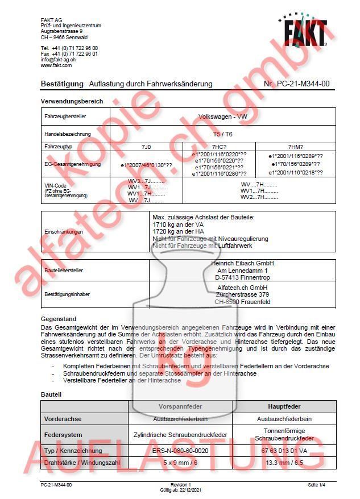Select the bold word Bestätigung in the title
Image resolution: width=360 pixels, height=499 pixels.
pos(62,84)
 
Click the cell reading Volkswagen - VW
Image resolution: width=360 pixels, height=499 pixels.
pos(222,116)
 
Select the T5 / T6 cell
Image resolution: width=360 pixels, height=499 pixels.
pos(222,134)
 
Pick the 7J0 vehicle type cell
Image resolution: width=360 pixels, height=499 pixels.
pos(146,147)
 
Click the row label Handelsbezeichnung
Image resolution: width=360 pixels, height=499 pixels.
pos(67,134)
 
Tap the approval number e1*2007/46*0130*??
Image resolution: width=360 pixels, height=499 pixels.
pos(146,165)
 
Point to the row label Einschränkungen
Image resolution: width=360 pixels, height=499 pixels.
pos(64,232)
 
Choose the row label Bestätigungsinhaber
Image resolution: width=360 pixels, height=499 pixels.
pos(67,294)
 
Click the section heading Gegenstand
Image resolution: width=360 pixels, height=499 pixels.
pos(59,319)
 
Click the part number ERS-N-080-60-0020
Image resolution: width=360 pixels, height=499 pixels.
pos(185,451)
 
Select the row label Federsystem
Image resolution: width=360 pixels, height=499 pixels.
pos(64,435)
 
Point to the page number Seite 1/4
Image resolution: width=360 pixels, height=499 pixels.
pos(316,485)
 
